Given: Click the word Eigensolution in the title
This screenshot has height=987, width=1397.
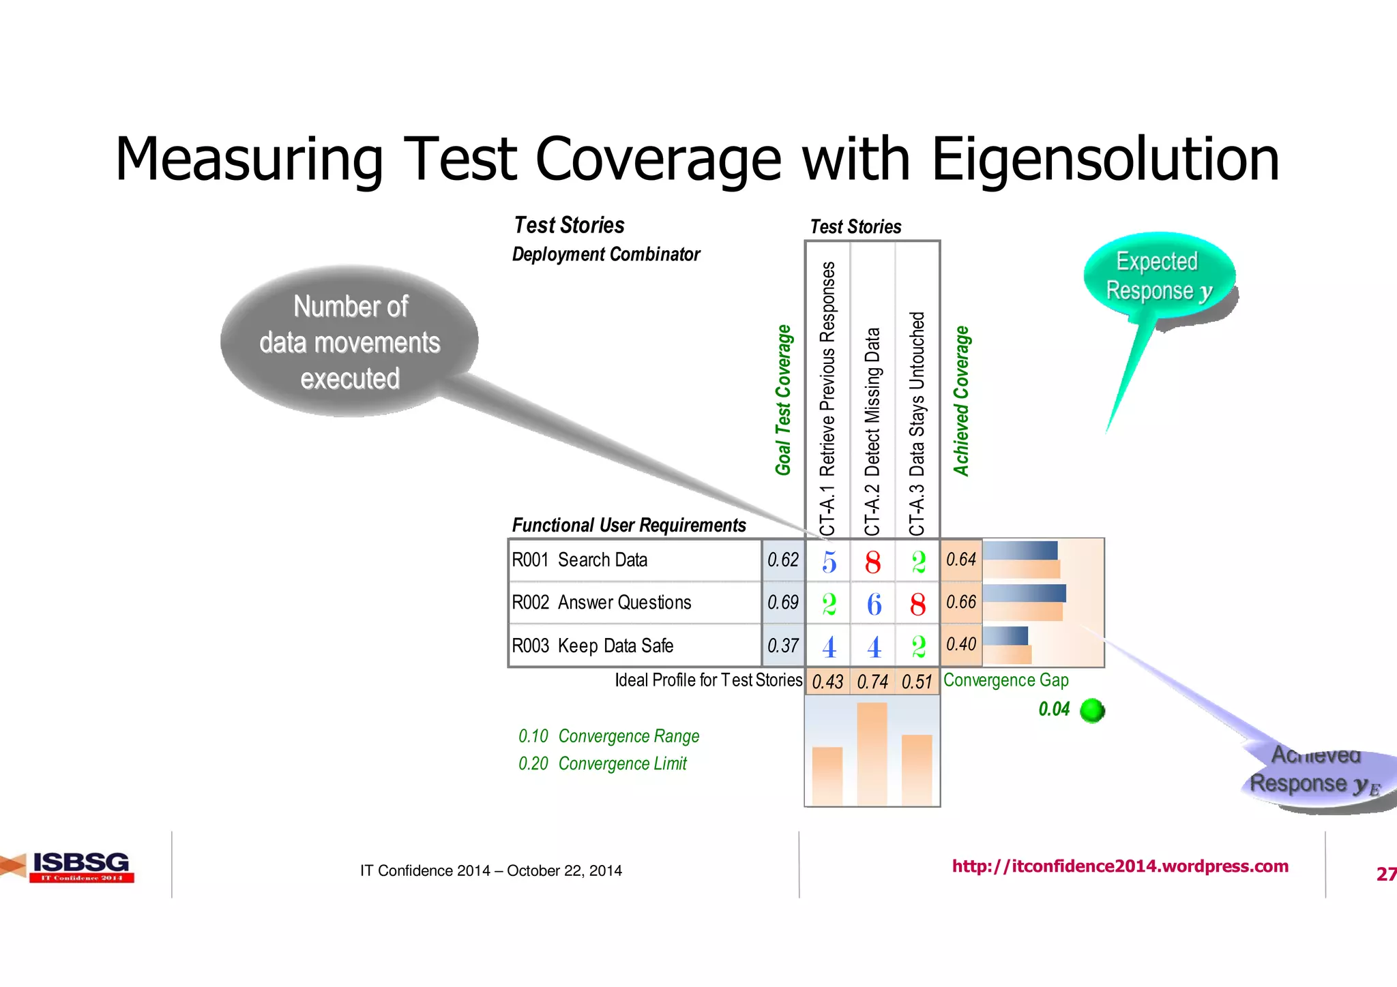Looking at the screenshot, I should (x=1105, y=160).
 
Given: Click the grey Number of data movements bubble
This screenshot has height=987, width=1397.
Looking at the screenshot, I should (x=349, y=341).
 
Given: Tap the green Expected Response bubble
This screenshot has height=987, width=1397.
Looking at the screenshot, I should (x=1158, y=276).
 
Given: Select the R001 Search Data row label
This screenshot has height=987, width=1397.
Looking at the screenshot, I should (x=580, y=560).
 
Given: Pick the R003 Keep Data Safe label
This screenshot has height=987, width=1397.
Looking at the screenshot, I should (x=592, y=646).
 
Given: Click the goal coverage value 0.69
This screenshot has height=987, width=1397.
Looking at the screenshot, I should (x=782, y=603).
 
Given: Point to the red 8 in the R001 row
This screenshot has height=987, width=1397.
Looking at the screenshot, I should (x=872, y=563).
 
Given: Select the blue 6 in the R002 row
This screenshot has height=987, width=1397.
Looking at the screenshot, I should (x=874, y=605).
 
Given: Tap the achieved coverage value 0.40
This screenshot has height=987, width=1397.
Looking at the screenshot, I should (x=961, y=644).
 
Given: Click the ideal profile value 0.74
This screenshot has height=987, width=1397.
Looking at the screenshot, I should (x=872, y=682).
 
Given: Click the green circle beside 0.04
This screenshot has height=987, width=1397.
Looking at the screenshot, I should (x=1093, y=710).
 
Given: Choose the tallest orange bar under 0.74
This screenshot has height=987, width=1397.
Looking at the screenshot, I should (x=872, y=753).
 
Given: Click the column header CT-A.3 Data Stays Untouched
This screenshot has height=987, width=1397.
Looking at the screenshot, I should (x=917, y=423).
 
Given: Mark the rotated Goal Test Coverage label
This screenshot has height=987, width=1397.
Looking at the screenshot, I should (x=783, y=400).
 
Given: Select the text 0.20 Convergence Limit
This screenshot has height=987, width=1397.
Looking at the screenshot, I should (x=603, y=763).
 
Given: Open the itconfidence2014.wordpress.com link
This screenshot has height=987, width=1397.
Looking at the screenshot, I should (x=1120, y=866).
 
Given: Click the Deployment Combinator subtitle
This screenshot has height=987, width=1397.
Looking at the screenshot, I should (x=606, y=254).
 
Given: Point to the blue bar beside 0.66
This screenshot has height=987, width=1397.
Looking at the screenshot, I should (x=1025, y=593).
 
